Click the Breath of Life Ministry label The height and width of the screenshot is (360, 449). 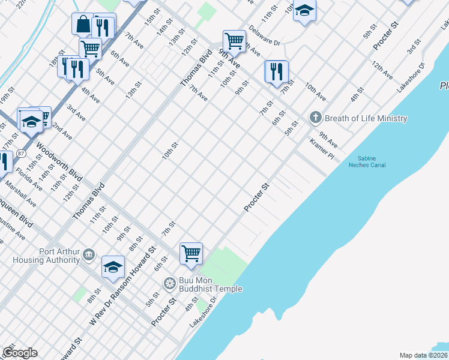click(366, 118)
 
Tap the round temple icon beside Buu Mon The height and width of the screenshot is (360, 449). click(170, 283)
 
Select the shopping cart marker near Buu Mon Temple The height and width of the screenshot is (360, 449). click(191, 253)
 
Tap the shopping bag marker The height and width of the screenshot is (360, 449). click(83, 24)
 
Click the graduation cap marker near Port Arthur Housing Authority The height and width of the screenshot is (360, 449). click(112, 267)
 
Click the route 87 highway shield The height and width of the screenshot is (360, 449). click(21, 154)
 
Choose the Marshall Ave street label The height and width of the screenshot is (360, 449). click(21, 196)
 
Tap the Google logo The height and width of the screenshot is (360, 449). click(20, 353)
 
